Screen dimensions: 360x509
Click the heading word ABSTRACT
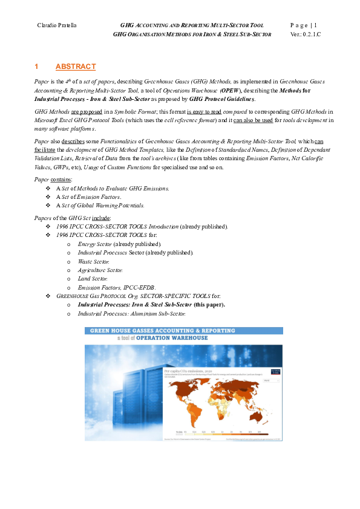pos(75,66)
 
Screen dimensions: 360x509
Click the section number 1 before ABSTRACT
pos(37,66)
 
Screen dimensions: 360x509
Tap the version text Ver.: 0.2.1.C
pos(306,34)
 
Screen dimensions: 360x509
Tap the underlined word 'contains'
pos(62,180)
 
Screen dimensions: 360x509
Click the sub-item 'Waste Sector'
pos(92,261)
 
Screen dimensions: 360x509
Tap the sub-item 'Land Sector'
pos(93,279)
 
